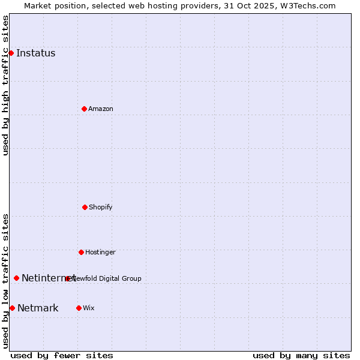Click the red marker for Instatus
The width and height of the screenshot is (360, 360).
click(11, 53)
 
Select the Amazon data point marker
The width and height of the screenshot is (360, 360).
click(84, 109)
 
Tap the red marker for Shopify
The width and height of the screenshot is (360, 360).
click(85, 207)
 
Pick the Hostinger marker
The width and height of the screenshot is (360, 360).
click(81, 252)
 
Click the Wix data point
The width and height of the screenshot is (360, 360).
click(79, 308)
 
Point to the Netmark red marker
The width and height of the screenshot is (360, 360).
click(12, 308)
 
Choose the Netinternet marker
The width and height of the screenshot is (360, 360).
click(16, 278)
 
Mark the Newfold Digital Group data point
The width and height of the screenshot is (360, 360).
click(67, 278)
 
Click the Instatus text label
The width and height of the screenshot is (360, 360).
click(35, 53)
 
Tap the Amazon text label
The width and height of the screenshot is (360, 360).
click(101, 109)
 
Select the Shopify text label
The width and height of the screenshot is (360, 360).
click(101, 207)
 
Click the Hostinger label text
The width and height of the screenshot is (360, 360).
click(100, 252)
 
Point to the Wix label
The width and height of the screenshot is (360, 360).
click(89, 308)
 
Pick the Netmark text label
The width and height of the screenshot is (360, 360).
click(38, 308)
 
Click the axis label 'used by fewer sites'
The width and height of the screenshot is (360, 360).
click(62, 355)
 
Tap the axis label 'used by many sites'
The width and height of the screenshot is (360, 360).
click(301, 355)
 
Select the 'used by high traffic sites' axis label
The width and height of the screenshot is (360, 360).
click(5, 85)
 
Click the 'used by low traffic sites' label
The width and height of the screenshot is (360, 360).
click(5, 281)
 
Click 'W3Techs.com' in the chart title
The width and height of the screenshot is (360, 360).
click(310, 5)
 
